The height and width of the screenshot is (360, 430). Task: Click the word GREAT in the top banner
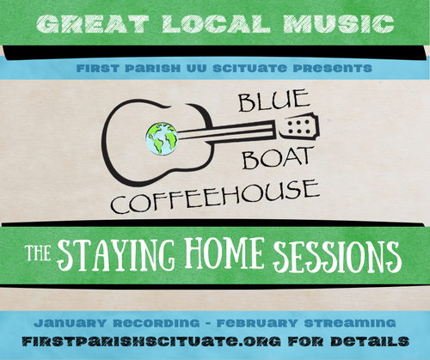click(x=93, y=24)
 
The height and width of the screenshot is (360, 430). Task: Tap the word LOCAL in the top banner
click(x=216, y=24)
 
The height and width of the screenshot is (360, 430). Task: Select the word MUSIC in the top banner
click(x=339, y=24)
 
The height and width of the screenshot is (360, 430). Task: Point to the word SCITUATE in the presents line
click(x=249, y=68)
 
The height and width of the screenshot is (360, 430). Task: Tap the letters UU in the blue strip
click(x=196, y=68)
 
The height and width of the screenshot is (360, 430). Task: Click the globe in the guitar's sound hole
click(x=162, y=139)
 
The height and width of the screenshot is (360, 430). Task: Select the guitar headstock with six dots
click(x=298, y=127)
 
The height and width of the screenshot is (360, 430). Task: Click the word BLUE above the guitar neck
click(x=274, y=100)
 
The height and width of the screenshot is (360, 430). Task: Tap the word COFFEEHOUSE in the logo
click(x=215, y=197)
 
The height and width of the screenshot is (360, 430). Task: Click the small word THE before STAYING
click(x=39, y=253)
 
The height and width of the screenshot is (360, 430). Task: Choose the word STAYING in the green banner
click(x=116, y=255)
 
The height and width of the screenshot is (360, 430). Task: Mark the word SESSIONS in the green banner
click(x=337, y=256)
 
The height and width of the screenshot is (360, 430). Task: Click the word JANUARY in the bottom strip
click(x=70, y=323)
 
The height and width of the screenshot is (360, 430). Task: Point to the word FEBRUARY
click(x=257, y=323)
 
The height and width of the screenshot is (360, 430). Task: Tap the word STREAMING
click(x=350, y=323)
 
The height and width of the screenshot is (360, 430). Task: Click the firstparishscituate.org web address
click(x=151, y=341)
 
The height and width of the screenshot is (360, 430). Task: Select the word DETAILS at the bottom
click(x=370, y=341)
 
